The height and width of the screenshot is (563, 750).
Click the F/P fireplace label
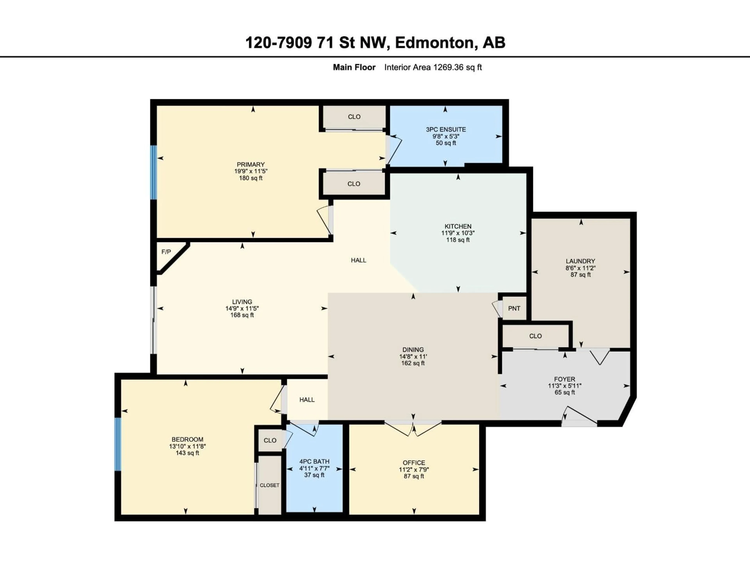coord(166,252)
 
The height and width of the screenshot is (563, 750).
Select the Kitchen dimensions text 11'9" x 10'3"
coord(458,233)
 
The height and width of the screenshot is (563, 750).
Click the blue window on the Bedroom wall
coord(118,444)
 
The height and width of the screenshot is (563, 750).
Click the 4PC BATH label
coord(314,462)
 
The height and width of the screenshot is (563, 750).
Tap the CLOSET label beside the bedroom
coord(270,485)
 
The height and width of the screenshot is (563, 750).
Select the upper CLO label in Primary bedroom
coord(354,117)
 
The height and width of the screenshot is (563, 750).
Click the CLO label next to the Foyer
coord(535,336)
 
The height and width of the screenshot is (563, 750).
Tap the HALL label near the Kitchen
coord(358,260)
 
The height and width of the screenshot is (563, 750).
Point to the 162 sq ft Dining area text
coord(413,363)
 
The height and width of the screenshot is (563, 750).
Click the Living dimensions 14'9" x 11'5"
coord(242,308)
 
